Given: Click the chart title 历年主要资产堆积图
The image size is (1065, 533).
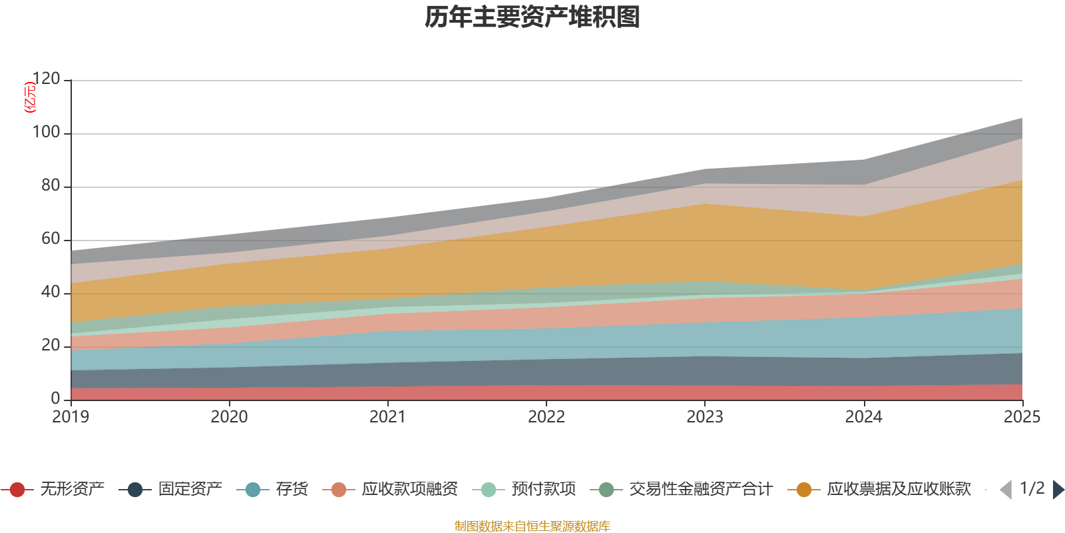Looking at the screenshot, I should (532, 17).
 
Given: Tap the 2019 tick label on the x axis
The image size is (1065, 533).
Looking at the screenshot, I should (71, 417).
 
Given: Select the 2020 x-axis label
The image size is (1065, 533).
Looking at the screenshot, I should (229, 417).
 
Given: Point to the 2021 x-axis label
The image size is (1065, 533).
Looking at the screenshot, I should (387, 417).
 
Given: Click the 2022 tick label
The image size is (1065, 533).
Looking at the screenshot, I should (546, 417).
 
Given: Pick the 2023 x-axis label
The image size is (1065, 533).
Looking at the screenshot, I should (705, 417).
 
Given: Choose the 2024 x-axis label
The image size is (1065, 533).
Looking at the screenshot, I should (863, 417).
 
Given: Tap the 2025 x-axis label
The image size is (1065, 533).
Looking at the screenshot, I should (1022, 417).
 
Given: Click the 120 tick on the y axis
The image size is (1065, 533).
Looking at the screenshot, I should (46, 79).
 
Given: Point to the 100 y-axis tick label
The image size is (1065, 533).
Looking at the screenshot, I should (46, 133).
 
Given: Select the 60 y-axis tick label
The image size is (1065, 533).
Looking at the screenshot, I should (51, 239).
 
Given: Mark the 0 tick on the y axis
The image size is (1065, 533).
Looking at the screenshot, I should (55, 398).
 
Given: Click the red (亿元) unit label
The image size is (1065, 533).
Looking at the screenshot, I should (29, 97).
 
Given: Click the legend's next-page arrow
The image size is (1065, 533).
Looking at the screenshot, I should (1058, 490).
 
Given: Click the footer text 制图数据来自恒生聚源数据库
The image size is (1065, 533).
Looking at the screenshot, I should (532, 526).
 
